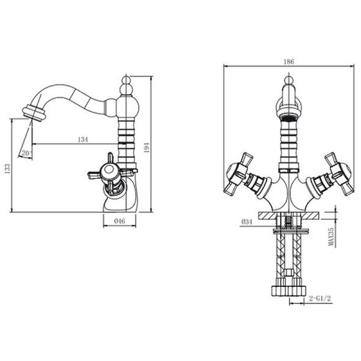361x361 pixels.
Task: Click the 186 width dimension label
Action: tap(289, 62)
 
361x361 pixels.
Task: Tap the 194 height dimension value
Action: tap(147, 148)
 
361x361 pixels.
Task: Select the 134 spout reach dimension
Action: tap(83, 139)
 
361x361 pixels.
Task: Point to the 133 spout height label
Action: tap(7, 169)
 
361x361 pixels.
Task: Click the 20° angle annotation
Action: tap(27, 153)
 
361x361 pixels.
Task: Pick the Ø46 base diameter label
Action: tap(120, 221)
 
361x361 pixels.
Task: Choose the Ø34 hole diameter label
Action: tap(247, 222)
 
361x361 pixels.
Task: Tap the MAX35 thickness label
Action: tap(331, 237)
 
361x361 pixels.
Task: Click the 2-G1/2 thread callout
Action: tap(320, 299)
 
